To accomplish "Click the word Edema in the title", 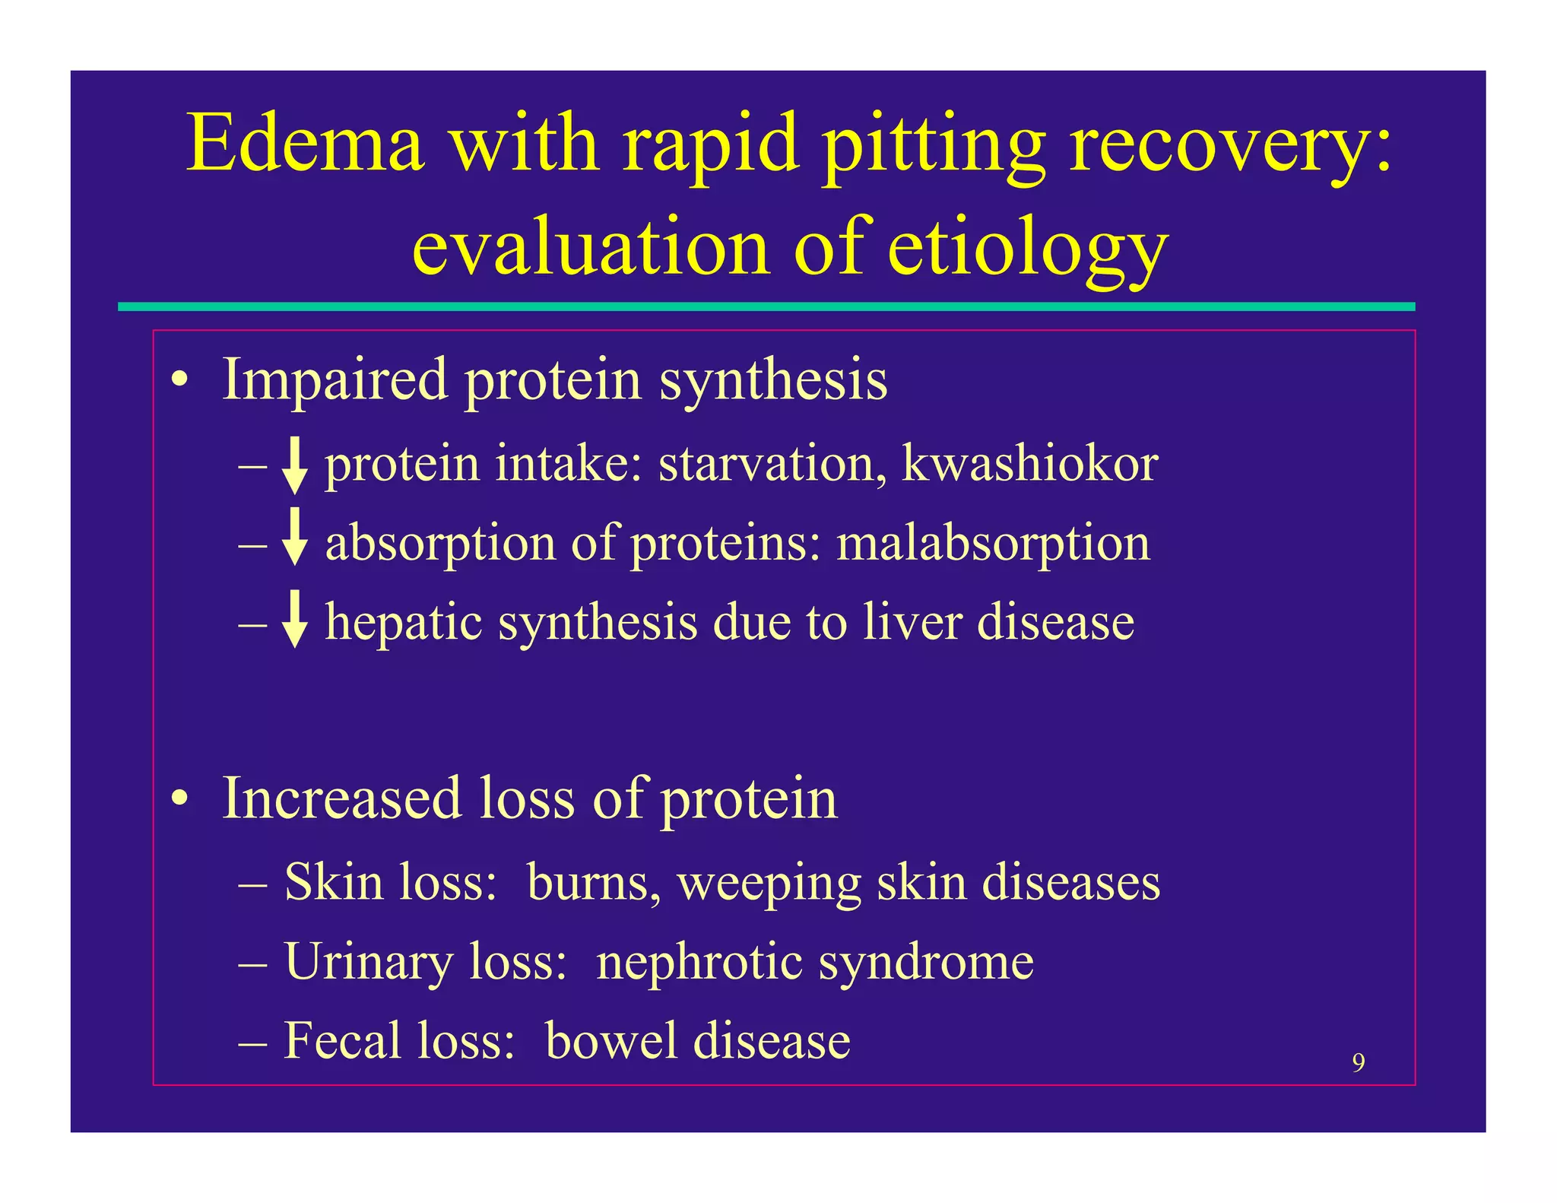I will [x=305, y=143].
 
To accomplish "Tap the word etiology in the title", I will [x=1027, y=249].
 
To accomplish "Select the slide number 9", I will [x=1358, y=1062].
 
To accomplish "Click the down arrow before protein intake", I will [x=294, y=465].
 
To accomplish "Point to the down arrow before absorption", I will [x=294, y=538].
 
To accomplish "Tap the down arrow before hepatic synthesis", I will [x=294, y=619].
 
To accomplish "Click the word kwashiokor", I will [x=1029, y=463].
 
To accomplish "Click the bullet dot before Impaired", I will [x=179, y=379].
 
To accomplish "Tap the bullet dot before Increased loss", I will [x=179, y=799].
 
